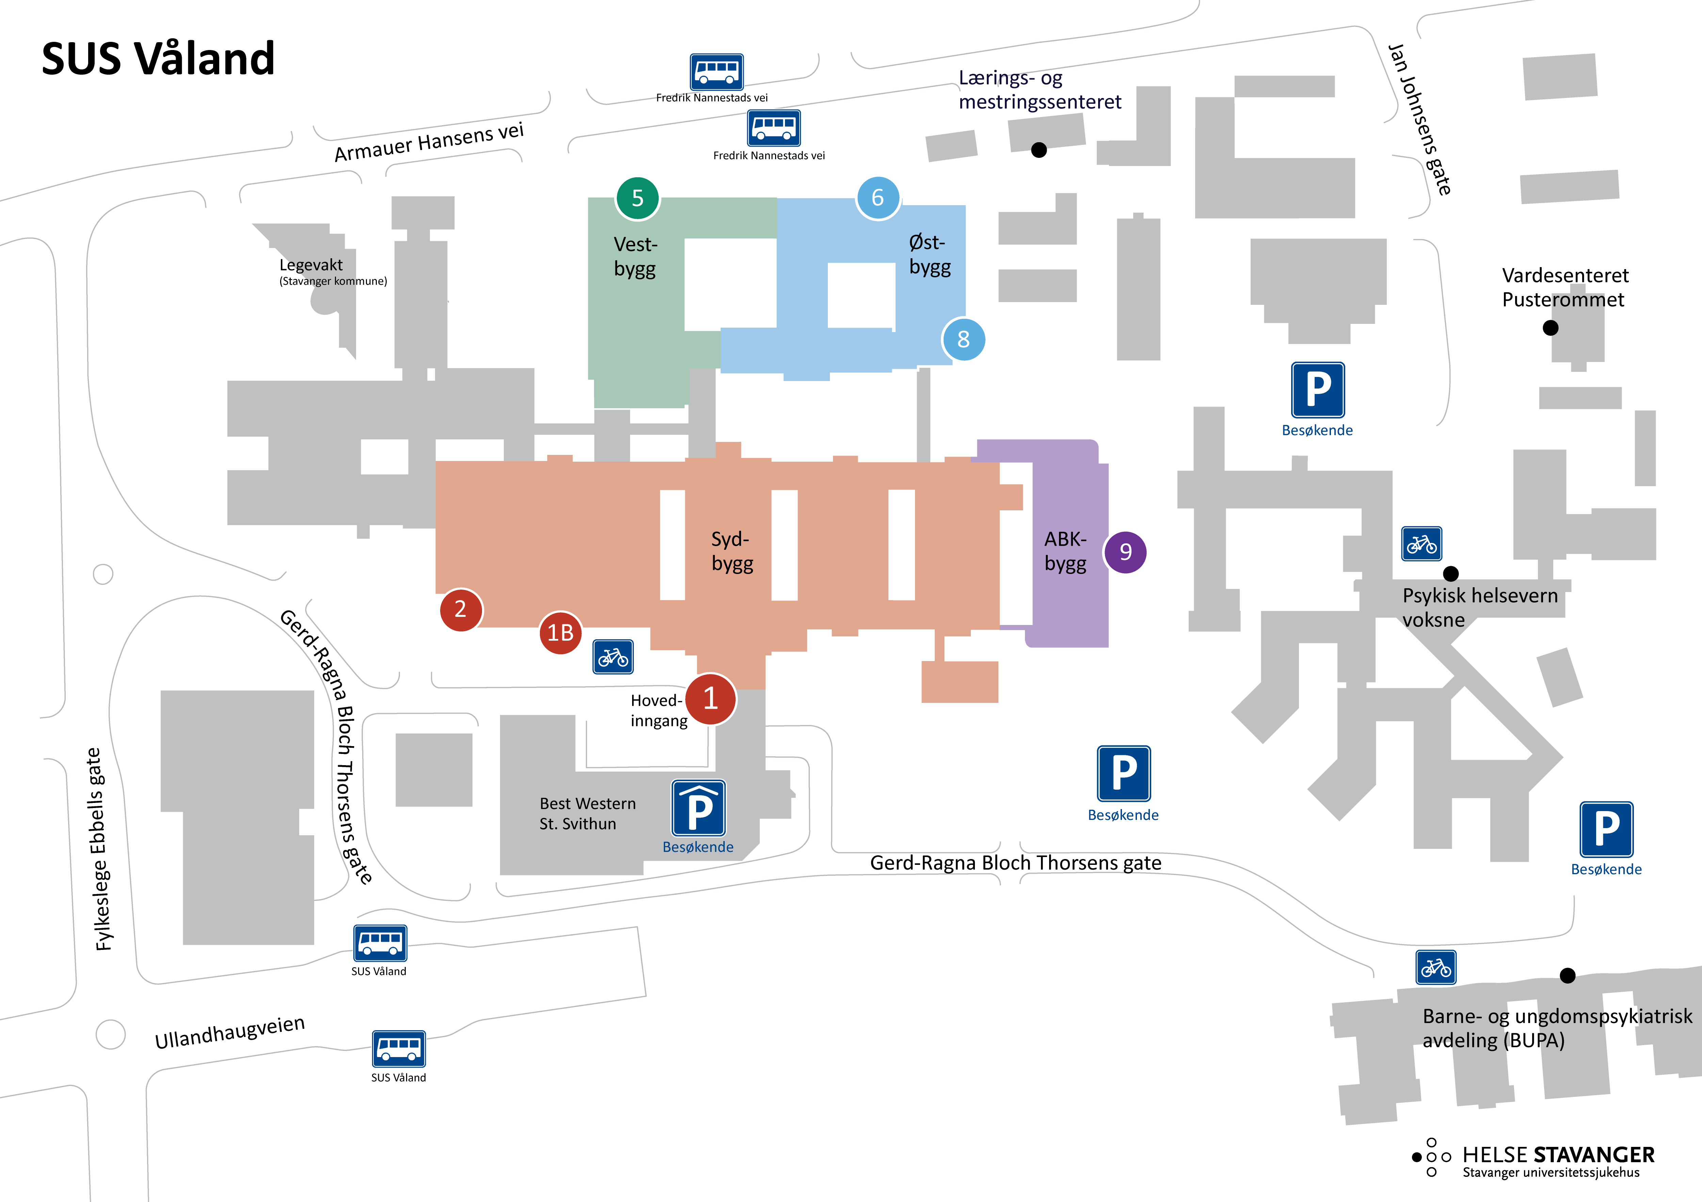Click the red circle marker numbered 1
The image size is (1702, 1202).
tap(710, 698)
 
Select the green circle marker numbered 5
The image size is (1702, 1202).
tap(638, 198)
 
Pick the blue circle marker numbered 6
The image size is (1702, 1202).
tap(878, 198)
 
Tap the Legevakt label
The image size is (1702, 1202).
tap(311, 265)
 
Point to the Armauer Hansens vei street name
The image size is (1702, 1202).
tap(429, 142)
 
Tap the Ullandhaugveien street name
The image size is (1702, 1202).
tap(230, 1032)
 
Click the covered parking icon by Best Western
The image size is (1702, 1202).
tap(698, 808)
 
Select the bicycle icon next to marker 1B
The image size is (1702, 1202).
tap(613, 657)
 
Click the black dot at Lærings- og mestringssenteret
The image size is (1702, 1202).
tap(1039, 150)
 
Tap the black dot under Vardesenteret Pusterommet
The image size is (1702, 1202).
tap(1550, 328)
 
